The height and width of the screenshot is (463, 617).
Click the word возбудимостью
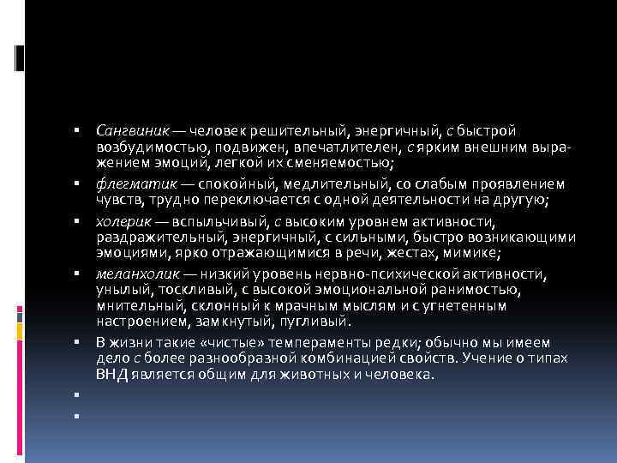tap(142, 147)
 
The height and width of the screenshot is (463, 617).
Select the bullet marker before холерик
tap(76, 221)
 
